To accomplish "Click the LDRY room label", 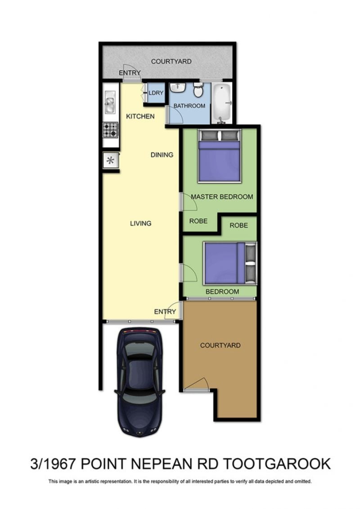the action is [x=156, y=93].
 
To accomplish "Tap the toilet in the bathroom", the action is [x=198, y=90].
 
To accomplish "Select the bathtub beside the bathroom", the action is [x=222, y=103].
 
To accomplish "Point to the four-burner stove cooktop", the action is [x=110, y=130].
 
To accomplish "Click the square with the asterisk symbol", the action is [x=110, y=160].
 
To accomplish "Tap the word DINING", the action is [x=162, y=155].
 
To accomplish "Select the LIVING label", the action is [x=140, y=223].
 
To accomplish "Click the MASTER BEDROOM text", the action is [x=222, y=196].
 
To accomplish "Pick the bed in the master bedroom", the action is [x=219, y=156].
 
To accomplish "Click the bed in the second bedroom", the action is [x=230, y=263].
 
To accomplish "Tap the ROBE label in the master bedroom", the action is [x=198, y=221].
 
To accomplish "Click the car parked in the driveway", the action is [x=139, y=382].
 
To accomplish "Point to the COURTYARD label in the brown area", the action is [x=220, y=345].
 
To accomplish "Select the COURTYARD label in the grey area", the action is [x=171, y=61].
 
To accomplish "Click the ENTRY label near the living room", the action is [x=165, y=312].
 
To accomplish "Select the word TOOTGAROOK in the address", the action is [x=277, y=464].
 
